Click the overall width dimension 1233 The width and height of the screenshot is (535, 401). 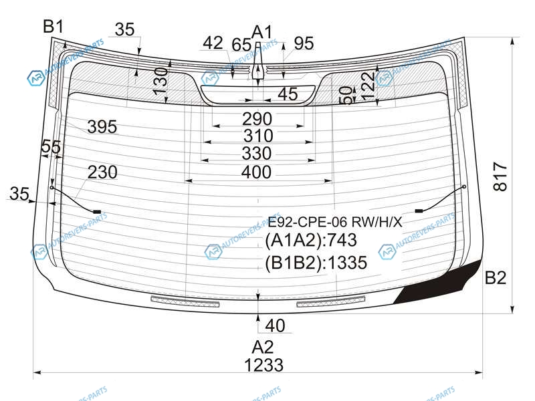point(263,365)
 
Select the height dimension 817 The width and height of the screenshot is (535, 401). point(500,176)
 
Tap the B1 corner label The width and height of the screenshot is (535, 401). point(53,27)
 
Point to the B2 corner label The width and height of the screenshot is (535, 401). point(496,277)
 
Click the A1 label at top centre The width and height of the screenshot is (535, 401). point(262,32)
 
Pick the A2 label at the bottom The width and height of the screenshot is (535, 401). point(262,347)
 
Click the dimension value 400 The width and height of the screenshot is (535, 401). point(256,172)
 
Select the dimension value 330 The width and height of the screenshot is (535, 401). point(257,154)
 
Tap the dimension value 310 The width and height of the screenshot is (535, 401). point(258,136)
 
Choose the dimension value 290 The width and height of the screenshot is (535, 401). point(257,119)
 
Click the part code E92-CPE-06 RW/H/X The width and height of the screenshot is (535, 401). point(335,223)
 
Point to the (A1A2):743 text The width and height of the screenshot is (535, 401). point(311,240)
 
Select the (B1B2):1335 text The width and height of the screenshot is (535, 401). point(316,263)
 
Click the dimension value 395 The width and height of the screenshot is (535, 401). point(102,127)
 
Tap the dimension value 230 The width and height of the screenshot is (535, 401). point(102,172)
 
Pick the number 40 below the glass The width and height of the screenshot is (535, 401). point(275,325)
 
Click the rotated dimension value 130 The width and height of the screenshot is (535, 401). point(160,81)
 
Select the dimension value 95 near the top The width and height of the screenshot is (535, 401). point(304,43)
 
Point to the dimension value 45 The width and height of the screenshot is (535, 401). point(288,94)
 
